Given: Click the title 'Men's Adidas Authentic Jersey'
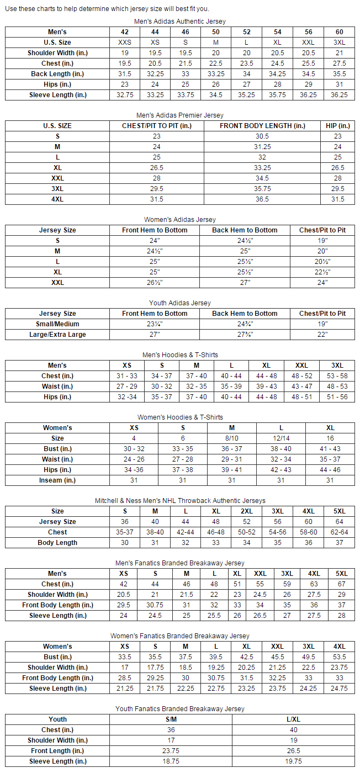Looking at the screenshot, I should click(x=179, y=22).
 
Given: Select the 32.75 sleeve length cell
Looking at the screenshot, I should click(x=124, y=95).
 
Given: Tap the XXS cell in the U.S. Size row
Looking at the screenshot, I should click(x=124, y=43).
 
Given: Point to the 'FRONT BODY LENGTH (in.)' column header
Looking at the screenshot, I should click(x=262, y=126).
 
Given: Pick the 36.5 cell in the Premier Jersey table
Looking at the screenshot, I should click(x=262, y=199).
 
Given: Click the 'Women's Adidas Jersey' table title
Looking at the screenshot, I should click(x=179, y=220).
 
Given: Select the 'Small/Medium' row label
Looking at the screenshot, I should click(x=57, y=324).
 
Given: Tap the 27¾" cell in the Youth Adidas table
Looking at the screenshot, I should click(x=245, y=335).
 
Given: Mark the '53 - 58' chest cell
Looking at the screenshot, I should click(x=337, y=376).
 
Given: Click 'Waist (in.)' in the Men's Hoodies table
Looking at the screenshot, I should click(x=57, y=386).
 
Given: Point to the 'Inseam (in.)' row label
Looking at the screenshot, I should click(x=57, y=480).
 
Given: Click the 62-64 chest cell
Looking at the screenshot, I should click(x=339, y=532).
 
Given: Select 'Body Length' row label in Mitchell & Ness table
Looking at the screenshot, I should click(x=57, y=543).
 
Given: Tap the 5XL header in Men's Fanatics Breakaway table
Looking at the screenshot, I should click(x=342, y=574).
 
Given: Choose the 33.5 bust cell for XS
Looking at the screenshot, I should click(x=124, y=657).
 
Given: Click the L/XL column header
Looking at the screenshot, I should click(x=293, y=719).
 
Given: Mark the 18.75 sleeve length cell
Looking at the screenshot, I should click(x=171, y=761).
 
